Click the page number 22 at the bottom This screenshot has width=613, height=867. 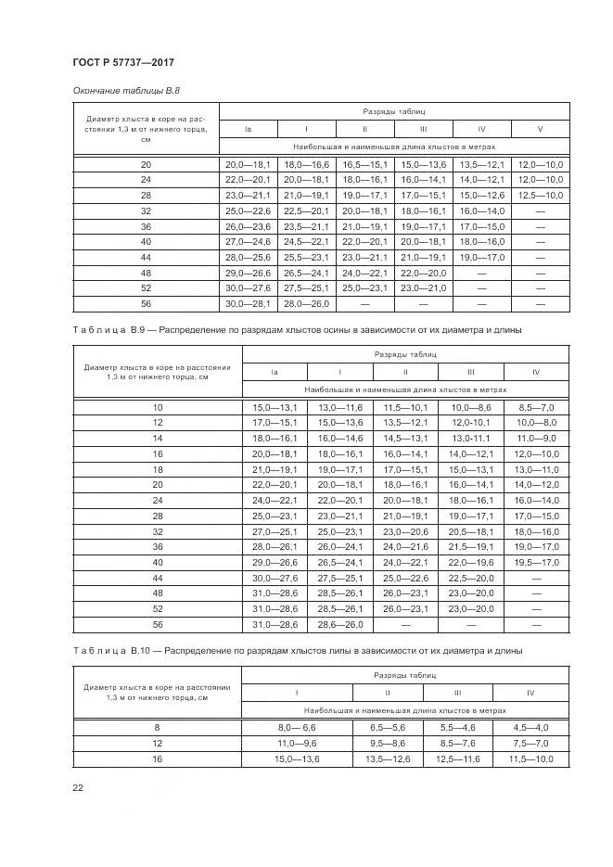click(77, 787)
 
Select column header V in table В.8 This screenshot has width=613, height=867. click(540, 128)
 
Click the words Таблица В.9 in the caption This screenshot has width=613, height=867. click(106, 329)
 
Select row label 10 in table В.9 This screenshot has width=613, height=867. click(158, 407)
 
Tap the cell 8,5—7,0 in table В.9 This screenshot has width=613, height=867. click(536, 407)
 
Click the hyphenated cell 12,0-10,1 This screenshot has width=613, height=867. click(471, 422)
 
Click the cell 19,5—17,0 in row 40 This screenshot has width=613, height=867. click(536, 562)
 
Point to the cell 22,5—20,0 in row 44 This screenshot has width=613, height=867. click(471, 578)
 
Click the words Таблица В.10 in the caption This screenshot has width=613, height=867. click(108, 651)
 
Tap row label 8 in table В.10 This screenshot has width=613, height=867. click(158, 728)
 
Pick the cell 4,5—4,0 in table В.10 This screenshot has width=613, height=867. click(530, 728)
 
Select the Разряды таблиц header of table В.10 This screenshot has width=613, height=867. click(414, 676)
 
